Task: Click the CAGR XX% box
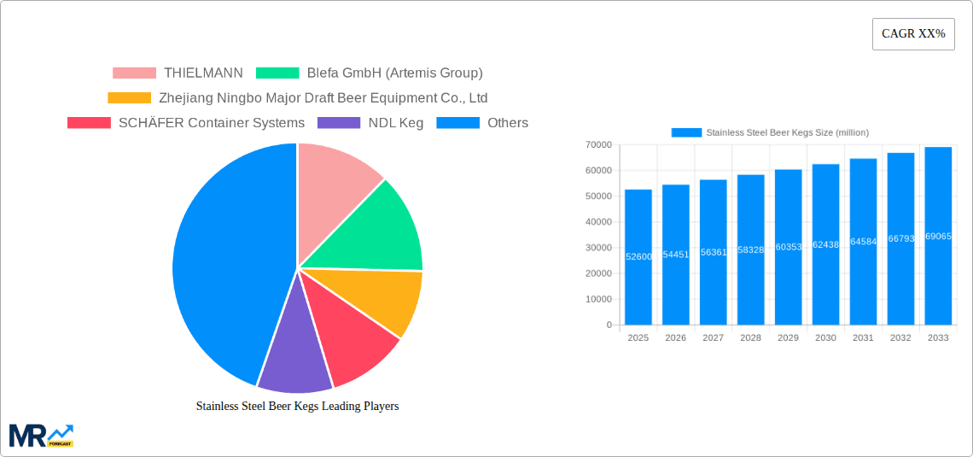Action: pos(913,34)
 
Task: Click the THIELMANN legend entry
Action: pos(178,73)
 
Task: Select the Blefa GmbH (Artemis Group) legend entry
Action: pos(370,73)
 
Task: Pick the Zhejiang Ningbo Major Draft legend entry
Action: pos(298,98)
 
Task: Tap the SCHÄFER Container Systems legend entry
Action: pos(186,123)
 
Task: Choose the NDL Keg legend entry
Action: pos(370,123)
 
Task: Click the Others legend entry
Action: pos(482,123)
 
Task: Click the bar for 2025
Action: pos(638,257)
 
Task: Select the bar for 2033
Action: pos(938,236)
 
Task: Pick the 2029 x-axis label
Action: pos(788,338)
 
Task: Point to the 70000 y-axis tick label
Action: pos(597,145)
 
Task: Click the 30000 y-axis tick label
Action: pos(597,248)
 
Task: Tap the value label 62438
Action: pos(825,245)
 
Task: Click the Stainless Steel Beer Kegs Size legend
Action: pos(770,132)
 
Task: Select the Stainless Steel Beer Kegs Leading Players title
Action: pos(297,407)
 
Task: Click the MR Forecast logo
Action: pos(41,435)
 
